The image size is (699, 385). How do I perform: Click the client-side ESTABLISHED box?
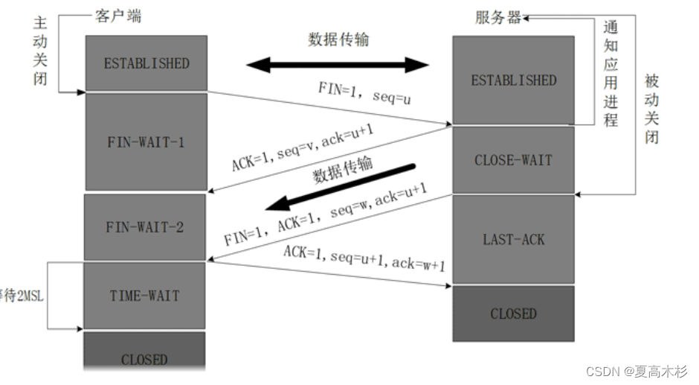[x=146, y=63]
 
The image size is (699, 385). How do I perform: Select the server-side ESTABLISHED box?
[x=513, y=80]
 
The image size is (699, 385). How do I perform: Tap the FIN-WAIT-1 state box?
[x=146, y=141]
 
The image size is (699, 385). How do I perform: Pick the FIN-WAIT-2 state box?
[x=146, y=227]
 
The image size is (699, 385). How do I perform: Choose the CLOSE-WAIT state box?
[x=513, y=160]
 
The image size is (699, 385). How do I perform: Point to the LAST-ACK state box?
[x=513, y=239]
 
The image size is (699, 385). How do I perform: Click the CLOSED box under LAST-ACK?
[x=513, y=314]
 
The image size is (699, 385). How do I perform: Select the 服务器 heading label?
[x=498, y=17]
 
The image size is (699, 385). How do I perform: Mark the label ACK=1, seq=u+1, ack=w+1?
[x=364, y=257]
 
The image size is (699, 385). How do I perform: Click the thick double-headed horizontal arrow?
[x=338, y=65]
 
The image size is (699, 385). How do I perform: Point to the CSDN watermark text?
[x=637, y=370]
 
